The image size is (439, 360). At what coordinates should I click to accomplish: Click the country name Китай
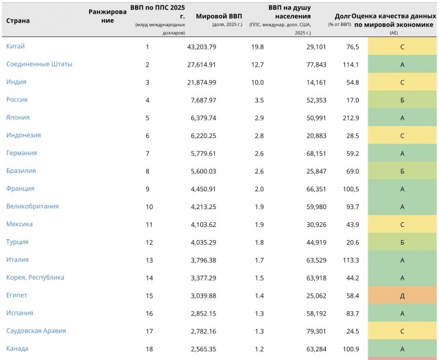click(x=15, y=46)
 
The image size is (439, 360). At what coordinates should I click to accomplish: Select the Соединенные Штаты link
click(x=39, y=64)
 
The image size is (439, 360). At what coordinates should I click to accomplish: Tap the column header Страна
click(x=18, y=21)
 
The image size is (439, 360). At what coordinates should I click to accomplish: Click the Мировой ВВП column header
click(x=219, y=16)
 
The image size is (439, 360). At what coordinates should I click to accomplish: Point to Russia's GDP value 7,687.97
click(x=204, y=100)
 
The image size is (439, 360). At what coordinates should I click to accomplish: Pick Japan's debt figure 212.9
click(x=351, y=118)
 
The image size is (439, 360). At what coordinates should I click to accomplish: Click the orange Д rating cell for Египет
click(x=402, y=296)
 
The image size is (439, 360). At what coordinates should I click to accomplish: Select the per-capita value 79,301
click(x=316, y=331)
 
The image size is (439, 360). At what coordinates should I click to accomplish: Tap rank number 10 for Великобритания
click(x=150, y=207)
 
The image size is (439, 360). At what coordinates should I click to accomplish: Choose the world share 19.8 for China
click(x=258, y=47)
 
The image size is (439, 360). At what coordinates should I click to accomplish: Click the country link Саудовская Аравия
click(x=36, y=331)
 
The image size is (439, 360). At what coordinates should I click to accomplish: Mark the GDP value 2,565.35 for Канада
click(x=204, y=349)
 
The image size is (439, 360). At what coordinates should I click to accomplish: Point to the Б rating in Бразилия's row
click(x=402, y=171)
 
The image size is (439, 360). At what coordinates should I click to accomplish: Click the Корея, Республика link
click(x=35, y=278)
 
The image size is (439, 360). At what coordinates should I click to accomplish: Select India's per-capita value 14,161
click(x=316, y=82)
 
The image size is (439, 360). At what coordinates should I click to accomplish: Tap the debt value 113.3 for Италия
click(x=351, y=260)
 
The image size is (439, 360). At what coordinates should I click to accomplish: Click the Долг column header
click(x=343, y=16)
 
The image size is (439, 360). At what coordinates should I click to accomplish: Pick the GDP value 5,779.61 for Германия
click(x=204, y=154)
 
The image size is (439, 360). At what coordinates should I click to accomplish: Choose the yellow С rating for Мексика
click(x=402, y=224)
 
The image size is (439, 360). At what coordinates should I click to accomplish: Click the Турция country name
click(x=17, y=242)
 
